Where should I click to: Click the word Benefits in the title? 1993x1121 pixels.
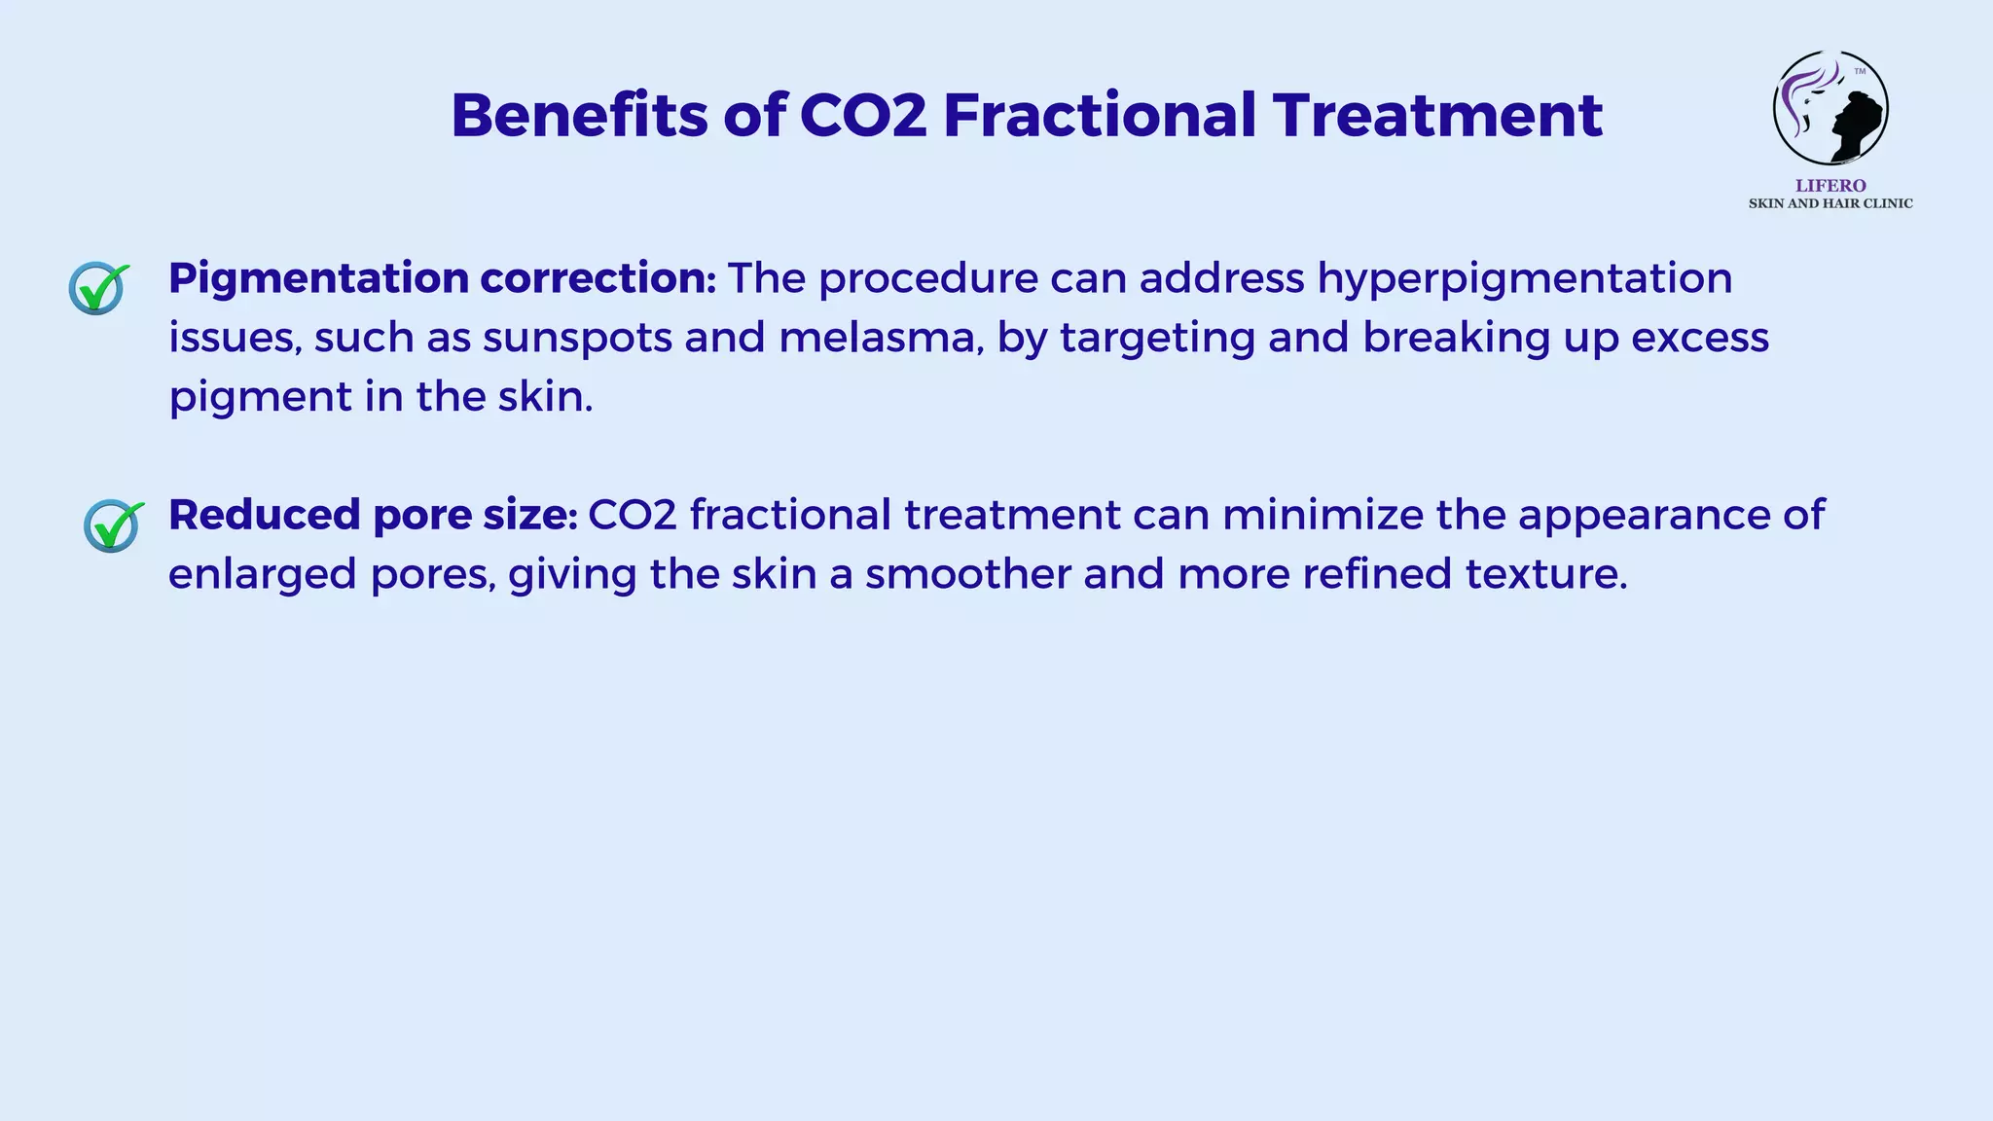pyautogui.click(x=579, y=115)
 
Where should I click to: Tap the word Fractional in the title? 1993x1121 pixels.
pyautogui.click(x=1100, y=115)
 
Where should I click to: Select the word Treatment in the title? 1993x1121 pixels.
pyautogui.click(x=1437, y=115)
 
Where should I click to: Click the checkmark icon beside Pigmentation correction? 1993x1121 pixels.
pyautogui.click(x=98, y=288)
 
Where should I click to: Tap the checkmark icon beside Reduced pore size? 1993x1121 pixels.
pyautogui.click(x=113, y=525)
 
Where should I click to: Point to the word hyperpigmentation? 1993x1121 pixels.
pyautogui.click(x=1525, y=279)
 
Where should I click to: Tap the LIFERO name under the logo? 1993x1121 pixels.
pyautogui.click(x=1830, y=186)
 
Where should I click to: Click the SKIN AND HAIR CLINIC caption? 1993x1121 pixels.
pyautogui.click(x=1830, y=203)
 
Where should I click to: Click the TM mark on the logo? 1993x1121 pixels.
pyautogui.click(x=1860, y=71)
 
